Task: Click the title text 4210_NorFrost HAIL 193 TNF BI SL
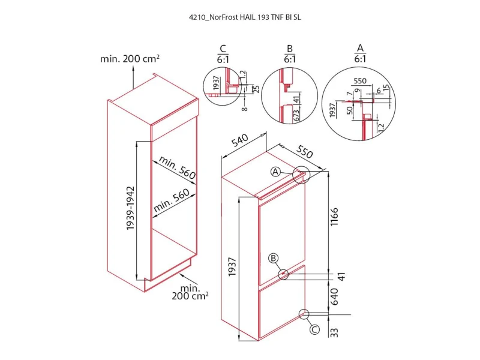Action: (x=245, y=17)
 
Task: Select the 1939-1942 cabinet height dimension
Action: (x=131, y=208)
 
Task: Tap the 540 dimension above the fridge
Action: (x=239, y=140)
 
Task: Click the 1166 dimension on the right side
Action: (x=334, y=217)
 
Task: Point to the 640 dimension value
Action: (x=334, y=296)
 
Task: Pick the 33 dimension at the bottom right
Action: (x=334, y=332)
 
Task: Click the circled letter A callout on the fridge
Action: (x=276, y=172)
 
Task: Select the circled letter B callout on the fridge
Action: (x=274, y=258)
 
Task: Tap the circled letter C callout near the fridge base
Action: (x=314, y=329)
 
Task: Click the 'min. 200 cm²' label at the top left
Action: (x=130, y=58)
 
